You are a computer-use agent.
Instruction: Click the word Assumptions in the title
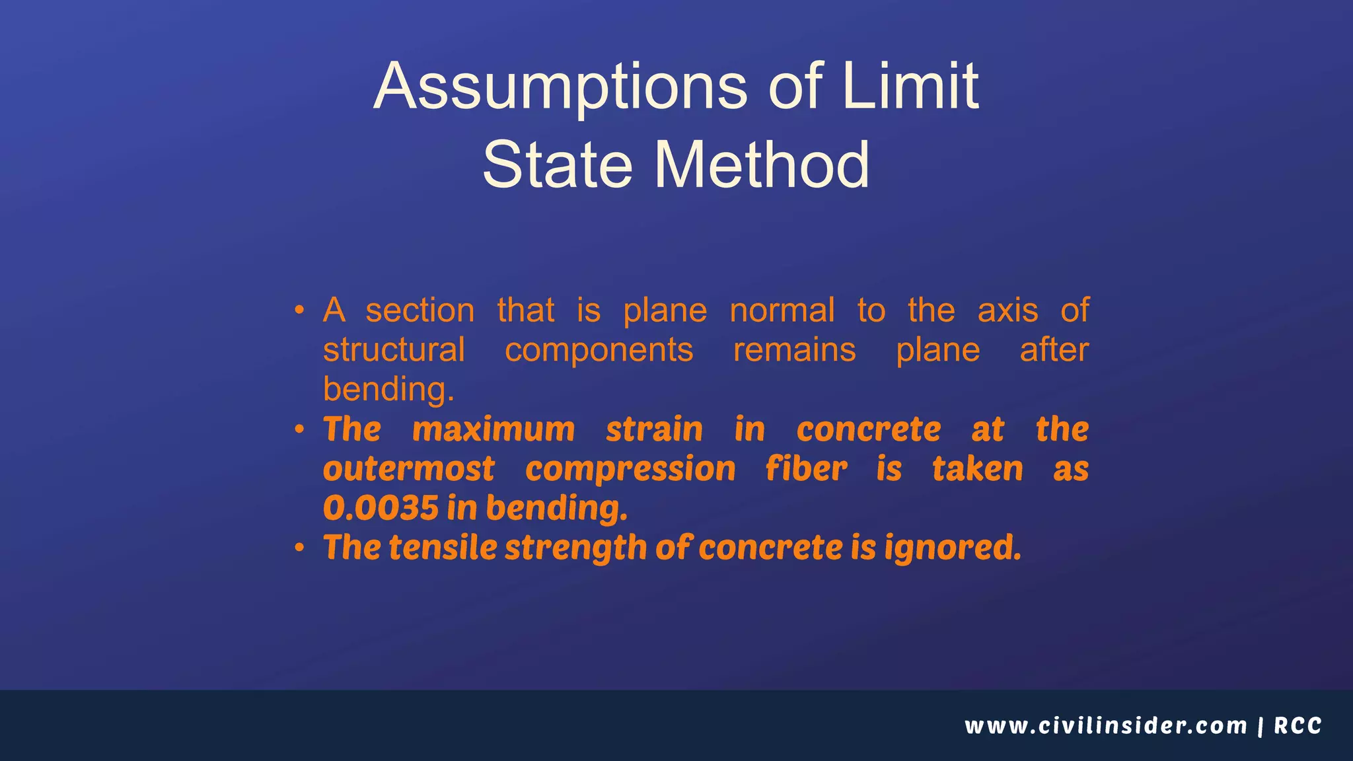coord(560,87)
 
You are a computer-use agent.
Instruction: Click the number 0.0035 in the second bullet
coord(381,508)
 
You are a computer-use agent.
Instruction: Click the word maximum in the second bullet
coord(494,429)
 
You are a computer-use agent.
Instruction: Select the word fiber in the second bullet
coord(806,469)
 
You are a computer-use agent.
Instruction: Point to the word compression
coord(630,469)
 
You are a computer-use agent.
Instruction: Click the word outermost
coord(408,469)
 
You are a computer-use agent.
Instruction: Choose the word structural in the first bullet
coord(394,349)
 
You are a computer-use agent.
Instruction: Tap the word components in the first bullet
coord(599,351)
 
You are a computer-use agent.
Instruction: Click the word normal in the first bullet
coord(782,310)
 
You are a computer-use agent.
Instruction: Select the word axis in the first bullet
coord(1007,310)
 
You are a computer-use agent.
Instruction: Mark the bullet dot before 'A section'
coord(300,310)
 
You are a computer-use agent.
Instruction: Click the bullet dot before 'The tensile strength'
coord(300,548)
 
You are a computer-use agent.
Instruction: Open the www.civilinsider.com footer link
coord(1105,726)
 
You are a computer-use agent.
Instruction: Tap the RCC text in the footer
coord(1298,726)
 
